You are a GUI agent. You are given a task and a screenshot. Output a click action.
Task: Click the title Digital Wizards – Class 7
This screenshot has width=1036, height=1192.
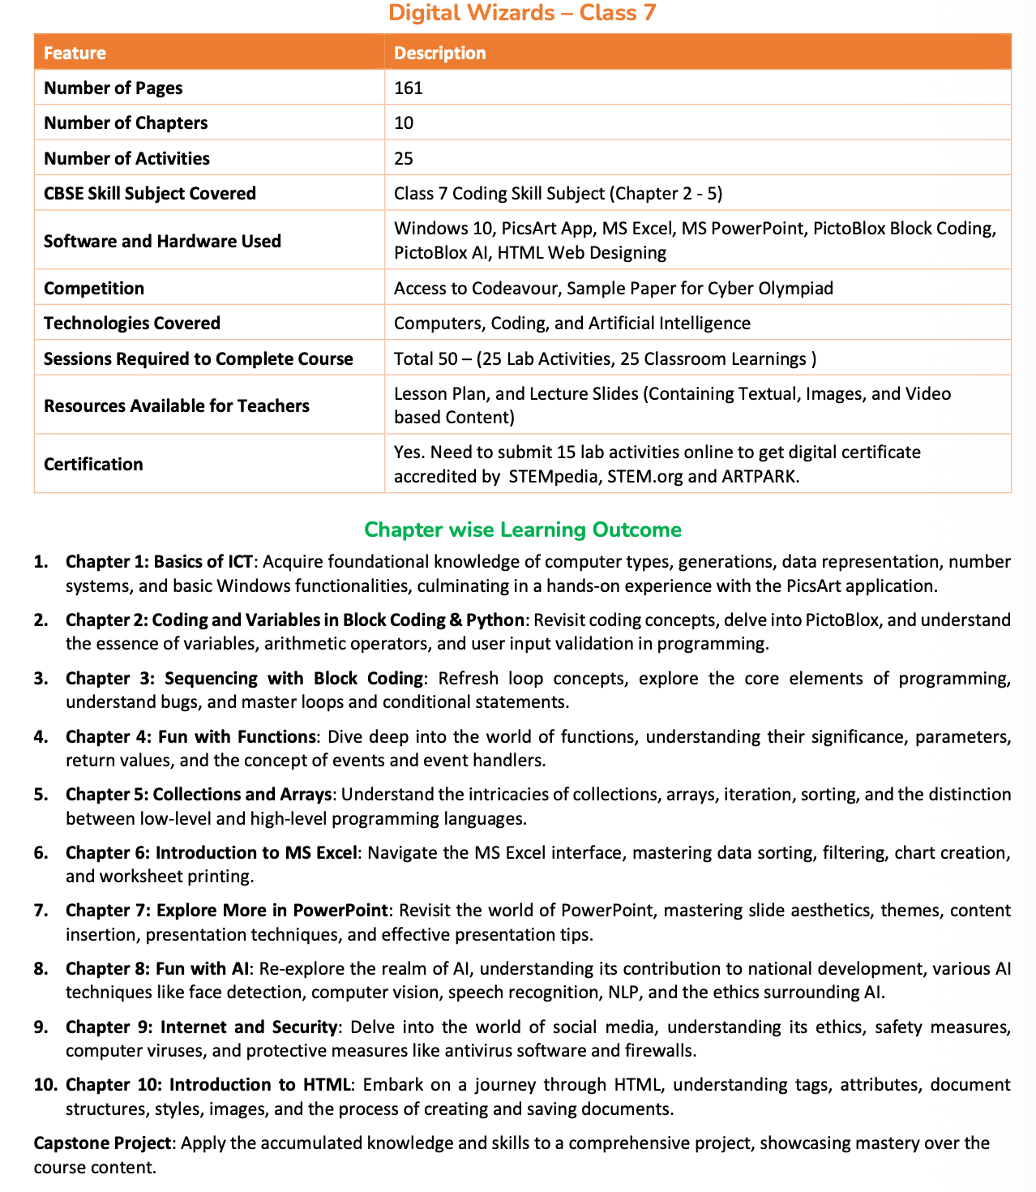[522, 13]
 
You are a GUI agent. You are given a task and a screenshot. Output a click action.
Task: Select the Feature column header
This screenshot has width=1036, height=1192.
[75, 53]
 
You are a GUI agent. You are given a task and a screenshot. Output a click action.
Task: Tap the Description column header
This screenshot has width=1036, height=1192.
[439, 53]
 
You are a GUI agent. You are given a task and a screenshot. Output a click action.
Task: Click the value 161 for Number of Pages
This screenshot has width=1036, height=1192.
[409, 88]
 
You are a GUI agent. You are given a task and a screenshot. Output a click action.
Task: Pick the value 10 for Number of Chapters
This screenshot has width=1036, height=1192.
[404, 122]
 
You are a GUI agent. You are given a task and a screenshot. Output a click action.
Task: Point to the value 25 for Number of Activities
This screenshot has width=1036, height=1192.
[404, 158]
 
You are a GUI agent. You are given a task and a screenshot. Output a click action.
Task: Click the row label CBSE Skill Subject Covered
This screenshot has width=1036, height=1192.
[150, 193]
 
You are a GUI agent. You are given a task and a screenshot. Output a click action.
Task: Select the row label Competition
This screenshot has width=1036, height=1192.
[94, 288]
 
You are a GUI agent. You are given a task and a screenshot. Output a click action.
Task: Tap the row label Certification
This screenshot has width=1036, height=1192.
[93, 464]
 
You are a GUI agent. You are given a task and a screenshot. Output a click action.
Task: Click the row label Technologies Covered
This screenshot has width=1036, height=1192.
[132, 323]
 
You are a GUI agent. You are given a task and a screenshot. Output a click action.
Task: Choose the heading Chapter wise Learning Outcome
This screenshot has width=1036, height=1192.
[523, 530]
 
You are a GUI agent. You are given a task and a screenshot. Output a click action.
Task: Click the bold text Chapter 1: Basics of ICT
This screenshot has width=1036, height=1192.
[160, 561]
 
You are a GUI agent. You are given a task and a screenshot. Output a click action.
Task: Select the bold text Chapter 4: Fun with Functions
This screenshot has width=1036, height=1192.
[191, 736]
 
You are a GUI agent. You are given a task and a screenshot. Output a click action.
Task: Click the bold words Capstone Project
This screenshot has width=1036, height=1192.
[102, 1143]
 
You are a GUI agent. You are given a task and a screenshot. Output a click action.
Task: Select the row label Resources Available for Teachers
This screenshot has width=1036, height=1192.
[177, 405]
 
